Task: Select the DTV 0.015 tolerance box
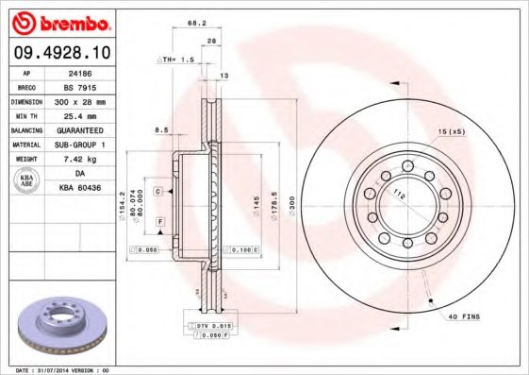[x=214, y=325]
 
